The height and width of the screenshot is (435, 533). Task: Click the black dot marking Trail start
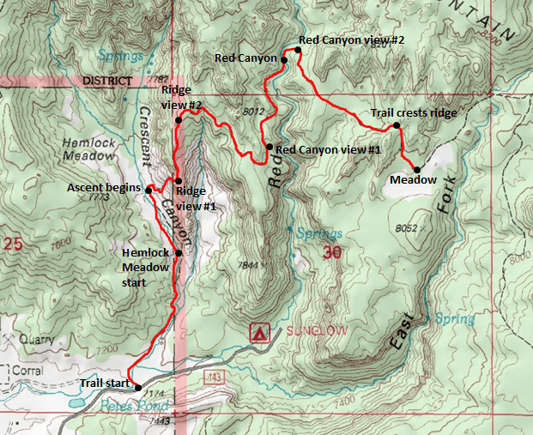pyautogui.click(x=138, y=388)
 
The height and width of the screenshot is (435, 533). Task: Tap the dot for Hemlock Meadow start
pyautogui.click(x=179, y=253)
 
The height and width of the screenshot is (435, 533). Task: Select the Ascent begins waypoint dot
pyautogui.click(x=149, y=190)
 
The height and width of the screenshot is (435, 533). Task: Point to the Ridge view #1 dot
pyautogui.click(x=178, y=181)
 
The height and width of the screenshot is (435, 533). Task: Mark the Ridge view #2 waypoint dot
pyautogui.click(x=179, y=120)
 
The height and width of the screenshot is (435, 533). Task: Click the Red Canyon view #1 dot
pyautogui.click(x=270, y=147)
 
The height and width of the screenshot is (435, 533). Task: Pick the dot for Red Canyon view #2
pyautogui.click(x=298, y=51)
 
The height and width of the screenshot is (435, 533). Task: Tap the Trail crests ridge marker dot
pyautogui.click(x=397, y=126)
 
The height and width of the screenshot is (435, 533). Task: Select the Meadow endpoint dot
pyautogui.click(x=417, y=169)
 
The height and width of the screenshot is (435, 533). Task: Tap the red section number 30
pyautogui.click(x=332, y=252)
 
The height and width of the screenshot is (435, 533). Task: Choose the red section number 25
pyautogui.click(x=12, y=244)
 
